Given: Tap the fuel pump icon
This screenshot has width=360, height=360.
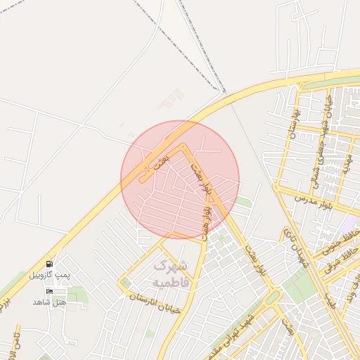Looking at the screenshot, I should [x=49, y=264].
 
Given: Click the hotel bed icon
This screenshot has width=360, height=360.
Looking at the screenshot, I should [x=49, y=290].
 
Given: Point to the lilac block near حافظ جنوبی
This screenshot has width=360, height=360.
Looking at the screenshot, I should [x=349, y=224].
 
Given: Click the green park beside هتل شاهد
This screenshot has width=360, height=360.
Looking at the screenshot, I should [x=77, y=295].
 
